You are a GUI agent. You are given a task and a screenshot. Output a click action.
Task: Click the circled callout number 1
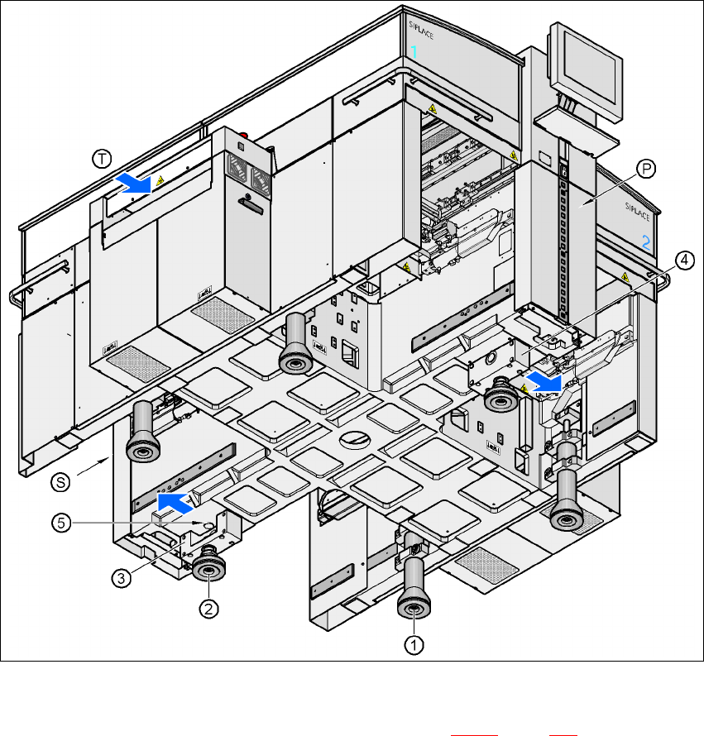point(414,645)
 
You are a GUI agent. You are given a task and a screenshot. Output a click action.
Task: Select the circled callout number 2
point(208,609)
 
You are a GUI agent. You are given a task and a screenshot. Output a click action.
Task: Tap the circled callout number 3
point(121,578)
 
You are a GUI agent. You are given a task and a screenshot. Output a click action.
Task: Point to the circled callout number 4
point(685,260)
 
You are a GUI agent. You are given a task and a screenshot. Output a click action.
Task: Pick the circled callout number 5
point(61,523)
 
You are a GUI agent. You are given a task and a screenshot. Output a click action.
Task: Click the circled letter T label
point(102,159)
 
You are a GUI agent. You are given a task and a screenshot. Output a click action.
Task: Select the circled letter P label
point(646,169)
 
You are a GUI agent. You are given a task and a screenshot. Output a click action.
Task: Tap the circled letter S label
point(60,482)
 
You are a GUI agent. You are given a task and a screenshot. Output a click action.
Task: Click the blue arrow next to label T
point(135,183)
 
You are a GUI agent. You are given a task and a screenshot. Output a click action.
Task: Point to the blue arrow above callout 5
point(175,503)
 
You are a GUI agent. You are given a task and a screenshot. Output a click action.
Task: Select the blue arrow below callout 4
point(544,381)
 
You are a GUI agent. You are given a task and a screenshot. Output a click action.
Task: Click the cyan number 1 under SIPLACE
point(414,51)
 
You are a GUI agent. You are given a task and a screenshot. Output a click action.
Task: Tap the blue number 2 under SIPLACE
point(646,242)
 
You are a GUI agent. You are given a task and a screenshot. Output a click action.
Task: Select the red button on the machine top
point(244,136)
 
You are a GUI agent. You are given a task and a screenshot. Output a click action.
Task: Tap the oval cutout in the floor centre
point(355,439)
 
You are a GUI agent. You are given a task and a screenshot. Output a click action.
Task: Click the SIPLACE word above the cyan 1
point(421,30)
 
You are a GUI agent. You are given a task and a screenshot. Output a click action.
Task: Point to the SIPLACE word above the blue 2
point(637,212)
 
